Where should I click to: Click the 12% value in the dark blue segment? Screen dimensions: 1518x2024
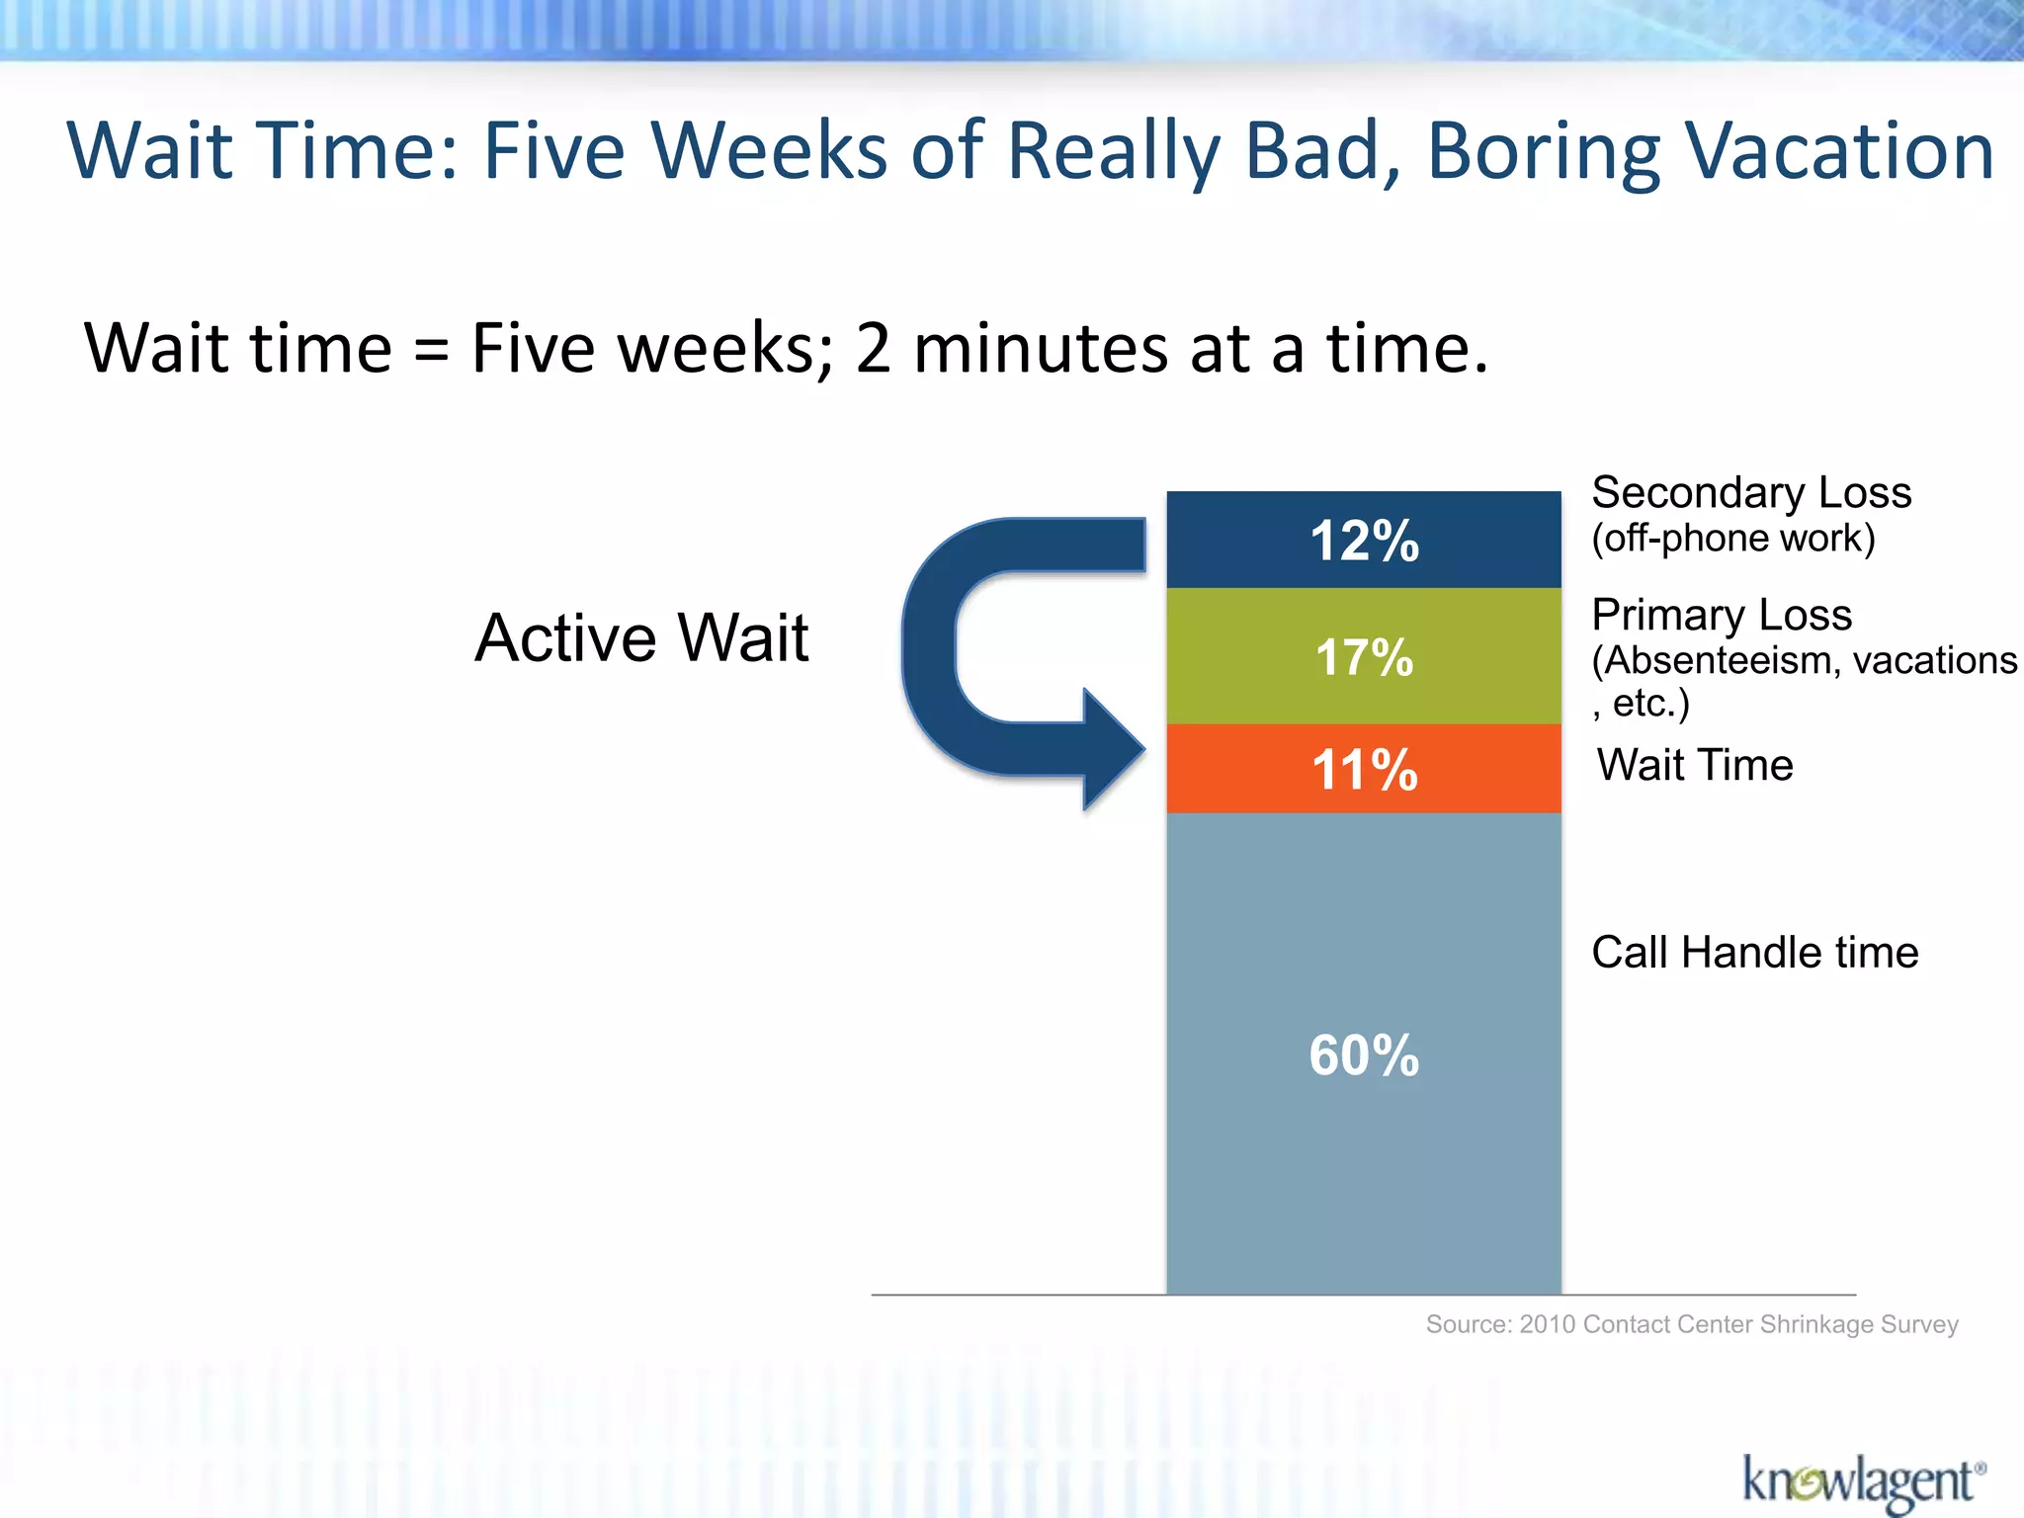coord(1365,541)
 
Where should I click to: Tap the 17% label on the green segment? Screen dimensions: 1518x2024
coord(1365,657)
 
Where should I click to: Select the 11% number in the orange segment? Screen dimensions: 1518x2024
coord(1365,769)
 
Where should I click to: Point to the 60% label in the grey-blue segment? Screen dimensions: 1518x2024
coord(1365,1054)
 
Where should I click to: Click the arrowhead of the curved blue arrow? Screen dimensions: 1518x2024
coord(1112,749)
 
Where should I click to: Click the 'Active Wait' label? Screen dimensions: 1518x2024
coord(641,637)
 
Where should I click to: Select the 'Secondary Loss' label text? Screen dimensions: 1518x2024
coord(1751,492)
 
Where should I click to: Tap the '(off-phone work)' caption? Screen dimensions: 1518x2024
coord(1732,538)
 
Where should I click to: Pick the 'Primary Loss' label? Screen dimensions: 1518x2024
coord(1722,615)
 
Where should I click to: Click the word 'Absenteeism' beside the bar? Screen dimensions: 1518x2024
coord(1716,660)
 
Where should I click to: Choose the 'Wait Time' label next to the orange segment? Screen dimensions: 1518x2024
coord(1695,765)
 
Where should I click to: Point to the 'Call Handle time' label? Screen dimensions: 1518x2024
coord(1755,952)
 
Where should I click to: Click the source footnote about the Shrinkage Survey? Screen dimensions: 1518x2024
coord(1692,1324)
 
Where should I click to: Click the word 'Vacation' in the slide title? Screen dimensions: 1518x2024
coord(1839,151)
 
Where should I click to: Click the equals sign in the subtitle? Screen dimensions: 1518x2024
coord(431,351)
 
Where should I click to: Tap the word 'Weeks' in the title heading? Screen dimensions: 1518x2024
coord(770,151)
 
